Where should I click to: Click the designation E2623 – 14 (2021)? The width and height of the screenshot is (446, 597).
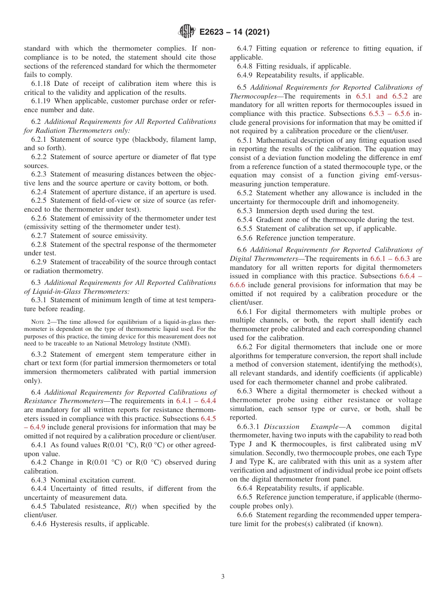234,32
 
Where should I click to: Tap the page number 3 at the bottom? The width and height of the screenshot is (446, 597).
223,577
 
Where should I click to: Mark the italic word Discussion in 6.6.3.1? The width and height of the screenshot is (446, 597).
282,427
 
